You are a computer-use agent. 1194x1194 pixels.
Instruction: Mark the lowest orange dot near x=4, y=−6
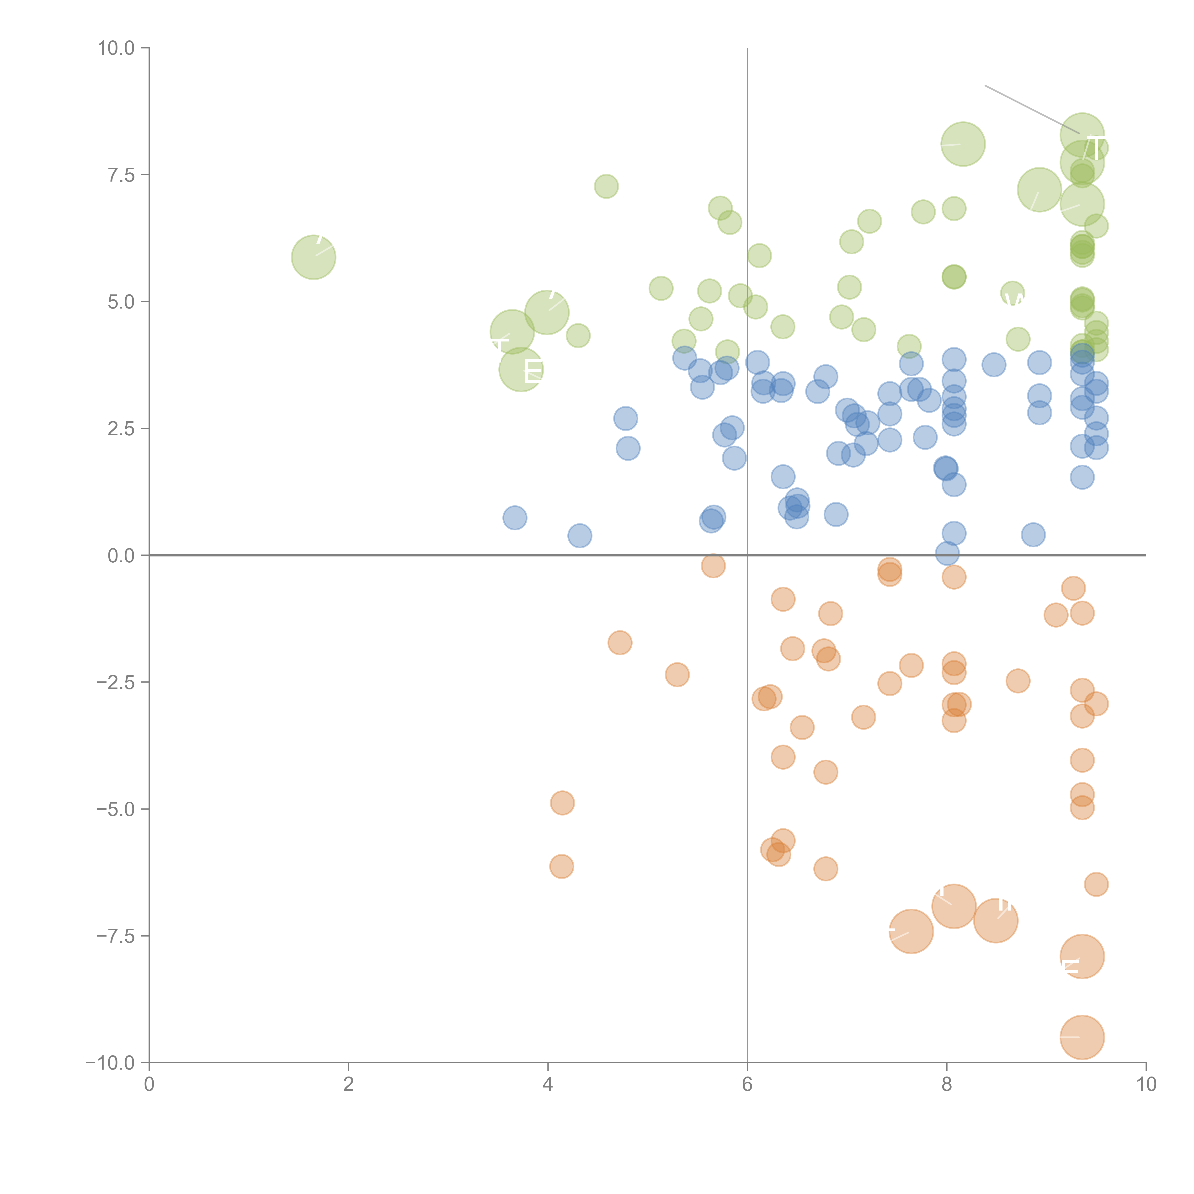(x=561, y=866)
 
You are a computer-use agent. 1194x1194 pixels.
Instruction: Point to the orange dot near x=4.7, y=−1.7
(x=620, y=643)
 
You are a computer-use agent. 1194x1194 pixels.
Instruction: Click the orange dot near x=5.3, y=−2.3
(x=677, y=674)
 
